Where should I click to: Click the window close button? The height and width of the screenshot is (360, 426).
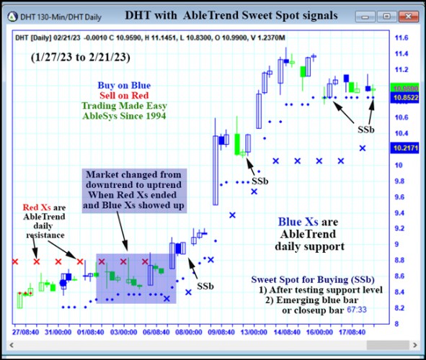point(413,14)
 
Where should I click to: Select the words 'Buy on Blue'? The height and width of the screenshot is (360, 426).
point(124,86)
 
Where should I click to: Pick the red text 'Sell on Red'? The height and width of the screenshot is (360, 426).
point(124,96)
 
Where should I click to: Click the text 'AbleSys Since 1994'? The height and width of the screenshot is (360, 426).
point(124,116)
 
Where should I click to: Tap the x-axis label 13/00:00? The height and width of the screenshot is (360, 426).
point(254,333)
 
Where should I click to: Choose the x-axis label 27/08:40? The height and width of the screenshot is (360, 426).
point(26,333)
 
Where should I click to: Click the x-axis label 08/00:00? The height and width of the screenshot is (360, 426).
point(189,333)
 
